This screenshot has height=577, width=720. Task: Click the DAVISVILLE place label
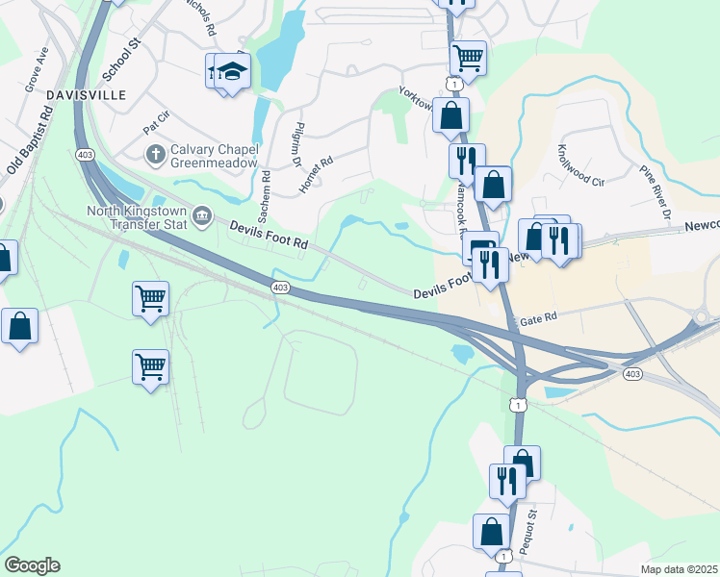59,96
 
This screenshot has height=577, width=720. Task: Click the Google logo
32,565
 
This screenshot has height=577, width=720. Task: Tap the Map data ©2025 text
679,569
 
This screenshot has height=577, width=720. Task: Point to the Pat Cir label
155,123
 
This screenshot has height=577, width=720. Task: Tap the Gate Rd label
537,316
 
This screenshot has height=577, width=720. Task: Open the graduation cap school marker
231,72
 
